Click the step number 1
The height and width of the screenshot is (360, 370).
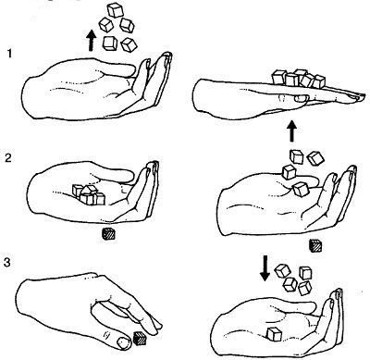tap(9, 54)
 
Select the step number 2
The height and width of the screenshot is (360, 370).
tap(9, 158)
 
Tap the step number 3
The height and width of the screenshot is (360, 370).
tap(7, 263)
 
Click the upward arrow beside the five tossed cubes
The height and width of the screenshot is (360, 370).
tap(91, 40)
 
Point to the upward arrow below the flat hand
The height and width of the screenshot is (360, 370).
tap(292, 130)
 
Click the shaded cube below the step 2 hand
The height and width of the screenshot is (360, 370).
tap(108, 234)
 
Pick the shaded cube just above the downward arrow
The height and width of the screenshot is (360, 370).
tap(315, 246)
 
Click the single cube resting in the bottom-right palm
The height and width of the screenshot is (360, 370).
tap(274, 334)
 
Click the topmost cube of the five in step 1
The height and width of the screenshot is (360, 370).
tap(116, 10)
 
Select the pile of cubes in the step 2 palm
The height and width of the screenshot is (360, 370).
tap(89, 194)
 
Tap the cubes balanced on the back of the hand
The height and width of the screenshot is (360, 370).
tap(299, 78)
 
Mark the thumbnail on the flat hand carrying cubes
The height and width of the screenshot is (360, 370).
tap(302, 98)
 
